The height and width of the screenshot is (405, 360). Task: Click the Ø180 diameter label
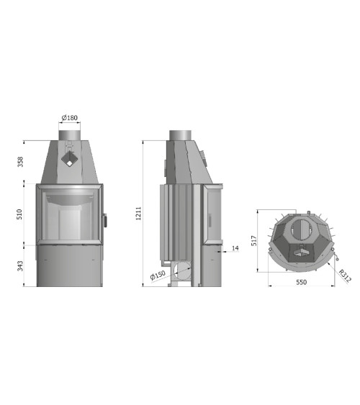coord(70,118)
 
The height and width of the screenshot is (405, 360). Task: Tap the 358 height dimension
coord(20,162)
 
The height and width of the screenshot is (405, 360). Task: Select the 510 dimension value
coord(19,214)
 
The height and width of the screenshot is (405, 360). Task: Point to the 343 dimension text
coord(20,266)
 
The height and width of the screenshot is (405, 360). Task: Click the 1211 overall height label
coord(139,214)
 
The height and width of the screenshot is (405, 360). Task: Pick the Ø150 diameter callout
coord(158,276)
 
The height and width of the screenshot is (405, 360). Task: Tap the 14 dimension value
coord(235,248)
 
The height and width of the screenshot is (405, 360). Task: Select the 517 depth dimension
coord(254,240)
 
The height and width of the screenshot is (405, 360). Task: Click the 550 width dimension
coord(302,282)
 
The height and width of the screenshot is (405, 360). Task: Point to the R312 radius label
coord(345,276)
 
